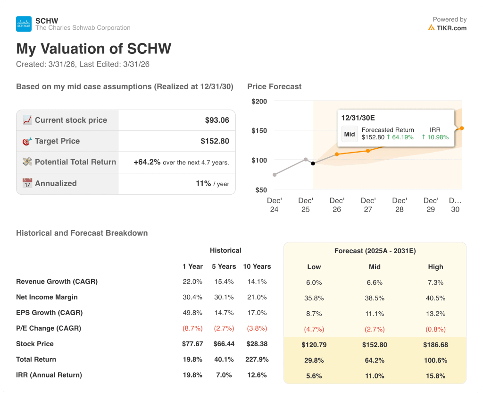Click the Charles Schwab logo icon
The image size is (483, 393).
point(24,24)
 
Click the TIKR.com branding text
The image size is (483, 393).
point(451,28)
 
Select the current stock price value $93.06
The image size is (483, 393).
point(217,120)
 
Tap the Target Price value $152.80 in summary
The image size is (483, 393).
point(215,141)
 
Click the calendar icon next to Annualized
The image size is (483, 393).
point(27,183)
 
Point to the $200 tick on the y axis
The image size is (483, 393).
point(259,101)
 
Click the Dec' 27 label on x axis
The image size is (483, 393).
point(368,205)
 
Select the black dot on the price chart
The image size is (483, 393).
point(313,163)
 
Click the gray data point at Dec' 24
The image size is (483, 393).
point(275,175)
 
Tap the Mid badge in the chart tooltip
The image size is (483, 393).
point(350,134)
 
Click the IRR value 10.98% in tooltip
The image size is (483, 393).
point(435,137)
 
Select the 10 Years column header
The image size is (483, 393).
point(257,266)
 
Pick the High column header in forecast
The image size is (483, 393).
point(435,267)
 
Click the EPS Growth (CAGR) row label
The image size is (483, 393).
point(49,313)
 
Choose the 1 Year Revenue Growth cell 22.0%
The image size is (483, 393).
point(192,282)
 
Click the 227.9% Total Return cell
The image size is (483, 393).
point(257,359)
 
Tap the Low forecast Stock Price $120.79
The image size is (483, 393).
point(314,345)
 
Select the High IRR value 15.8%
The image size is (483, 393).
point(435,376)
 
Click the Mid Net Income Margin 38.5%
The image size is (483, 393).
point(375,298)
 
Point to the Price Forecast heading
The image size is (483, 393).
point(274,86)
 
